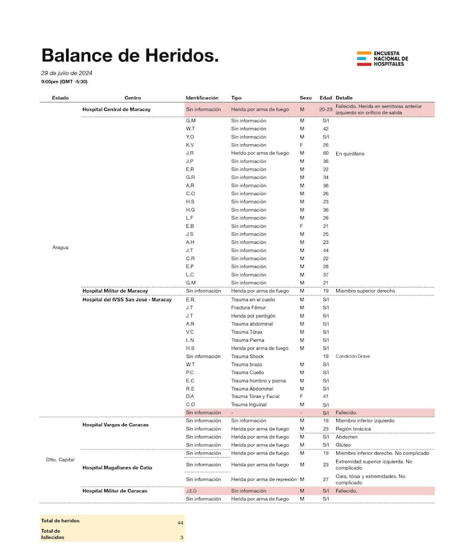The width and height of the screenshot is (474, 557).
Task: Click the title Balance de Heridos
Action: pos(130,56)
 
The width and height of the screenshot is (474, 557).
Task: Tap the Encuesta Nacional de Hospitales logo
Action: pos(382,59)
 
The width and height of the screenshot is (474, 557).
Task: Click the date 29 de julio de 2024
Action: pos(67,73)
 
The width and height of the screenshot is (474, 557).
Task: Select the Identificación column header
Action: pos(202,98)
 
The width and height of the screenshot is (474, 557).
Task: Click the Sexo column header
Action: pos(306,98)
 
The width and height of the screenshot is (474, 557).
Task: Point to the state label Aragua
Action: pos(60,247)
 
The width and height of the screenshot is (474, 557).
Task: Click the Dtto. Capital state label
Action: pos(60,460)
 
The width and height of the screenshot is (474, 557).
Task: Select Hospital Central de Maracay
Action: pos(115,109)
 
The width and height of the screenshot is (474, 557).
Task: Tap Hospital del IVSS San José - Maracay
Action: pos(127,299)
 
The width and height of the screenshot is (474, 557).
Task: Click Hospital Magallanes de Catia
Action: pos(117,467)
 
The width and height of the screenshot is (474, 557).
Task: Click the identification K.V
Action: pos(190,145)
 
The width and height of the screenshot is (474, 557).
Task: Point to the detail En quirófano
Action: pos(350,153)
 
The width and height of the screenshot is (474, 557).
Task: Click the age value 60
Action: pos(326,153)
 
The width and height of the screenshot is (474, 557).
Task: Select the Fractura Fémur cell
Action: pos(248,308)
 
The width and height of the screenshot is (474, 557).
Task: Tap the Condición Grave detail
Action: pos(352,356)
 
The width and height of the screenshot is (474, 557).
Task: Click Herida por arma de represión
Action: pos(264,479)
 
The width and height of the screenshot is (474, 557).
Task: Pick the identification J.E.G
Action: pos(192,491)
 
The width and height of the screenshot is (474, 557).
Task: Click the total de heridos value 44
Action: pos(180,521)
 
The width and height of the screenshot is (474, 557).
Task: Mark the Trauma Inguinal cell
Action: pos(248,405)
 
